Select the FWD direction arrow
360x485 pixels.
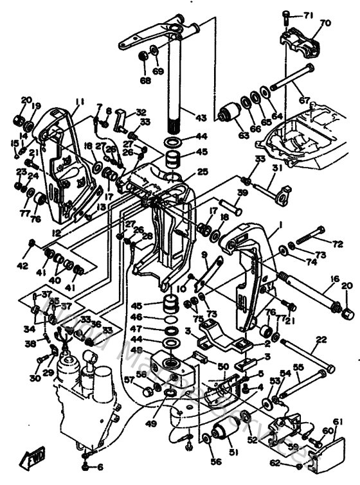pos(30,458)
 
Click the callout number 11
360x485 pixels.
pos(79,101)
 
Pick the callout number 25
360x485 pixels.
pos(203,172)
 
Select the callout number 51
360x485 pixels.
pos(233,452)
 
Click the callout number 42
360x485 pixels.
pos(23,263)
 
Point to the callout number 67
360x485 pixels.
pos(304,100)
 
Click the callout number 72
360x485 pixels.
pos(338,244)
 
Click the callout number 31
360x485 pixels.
pos(276,168)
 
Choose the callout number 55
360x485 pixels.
pos(298,367)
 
